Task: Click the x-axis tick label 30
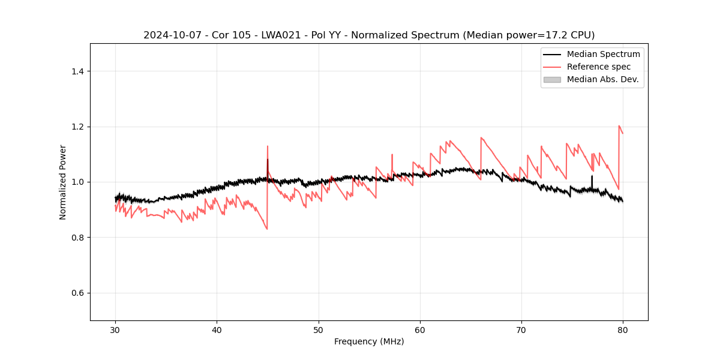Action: coord(115,329)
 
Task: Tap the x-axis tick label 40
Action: coord(217,329)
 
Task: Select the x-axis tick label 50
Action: coord(319,329)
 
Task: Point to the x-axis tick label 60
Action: coord(420,329)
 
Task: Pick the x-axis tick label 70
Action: coord(521,329)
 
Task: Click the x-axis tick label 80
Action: coord(623,329)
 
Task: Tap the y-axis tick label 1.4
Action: coord(77,71)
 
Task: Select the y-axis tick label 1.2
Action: coord(77,127)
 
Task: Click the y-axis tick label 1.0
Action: coord(77,182)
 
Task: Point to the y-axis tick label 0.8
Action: coord(77,238)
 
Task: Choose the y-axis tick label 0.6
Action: coord(77,293)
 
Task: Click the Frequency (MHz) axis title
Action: coord(369,341)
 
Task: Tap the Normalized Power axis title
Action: coord(63,182)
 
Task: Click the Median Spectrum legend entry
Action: coord(603,54)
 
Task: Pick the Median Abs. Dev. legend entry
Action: coord(602,79)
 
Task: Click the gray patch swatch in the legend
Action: coord(552,79)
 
